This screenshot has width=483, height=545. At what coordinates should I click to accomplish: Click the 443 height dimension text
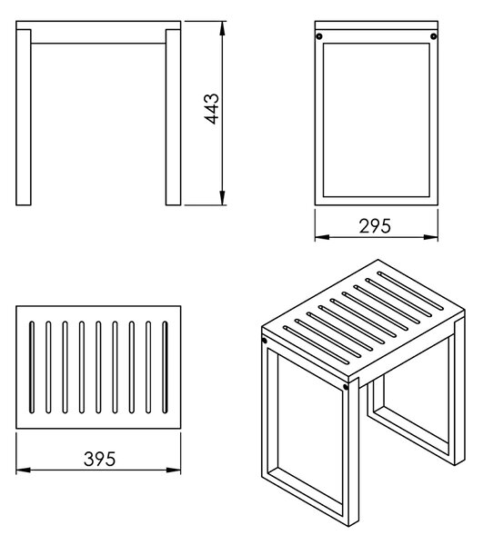coord(212,109)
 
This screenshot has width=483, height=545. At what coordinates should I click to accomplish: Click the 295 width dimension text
coord(375,226)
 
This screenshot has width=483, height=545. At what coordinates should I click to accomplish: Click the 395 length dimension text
coord(99,459)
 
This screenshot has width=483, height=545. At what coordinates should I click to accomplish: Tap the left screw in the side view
coord(318,36)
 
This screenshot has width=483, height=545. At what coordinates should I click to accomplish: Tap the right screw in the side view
coord(434,36)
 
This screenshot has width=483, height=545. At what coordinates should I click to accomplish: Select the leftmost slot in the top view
coord(32,367)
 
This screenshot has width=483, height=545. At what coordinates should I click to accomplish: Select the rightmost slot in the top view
coord(165,367)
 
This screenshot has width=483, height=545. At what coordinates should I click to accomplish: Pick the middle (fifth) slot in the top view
coord(98,367)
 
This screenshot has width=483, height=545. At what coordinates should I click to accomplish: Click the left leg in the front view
coord(24,117)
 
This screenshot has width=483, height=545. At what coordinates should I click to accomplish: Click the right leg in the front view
coord(174,117)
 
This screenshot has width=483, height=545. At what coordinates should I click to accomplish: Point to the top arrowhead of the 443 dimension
coord(222,28)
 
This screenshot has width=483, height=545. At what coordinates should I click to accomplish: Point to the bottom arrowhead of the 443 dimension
coord(222,198)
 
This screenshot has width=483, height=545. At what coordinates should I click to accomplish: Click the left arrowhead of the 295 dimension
coord(322,237)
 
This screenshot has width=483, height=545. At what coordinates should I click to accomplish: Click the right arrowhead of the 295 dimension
coord(431,237)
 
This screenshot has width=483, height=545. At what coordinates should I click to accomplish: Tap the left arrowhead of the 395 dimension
coord(24,471)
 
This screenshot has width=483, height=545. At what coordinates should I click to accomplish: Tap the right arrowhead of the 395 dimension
coord(174,471)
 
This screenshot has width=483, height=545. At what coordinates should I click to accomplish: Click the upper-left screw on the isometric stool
coord(264,341)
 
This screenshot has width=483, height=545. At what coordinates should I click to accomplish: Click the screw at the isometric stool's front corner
coord(346,387)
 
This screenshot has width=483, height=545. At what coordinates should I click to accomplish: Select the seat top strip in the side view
coord(377,25)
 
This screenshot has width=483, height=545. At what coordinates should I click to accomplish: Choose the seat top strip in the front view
coord(98,25)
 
